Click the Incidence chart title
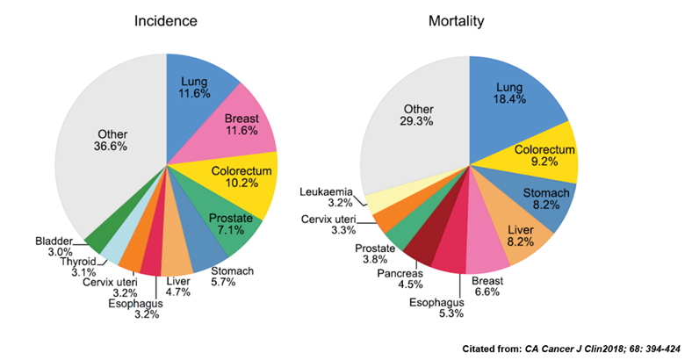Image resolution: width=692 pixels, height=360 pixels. click(x=165, y=19)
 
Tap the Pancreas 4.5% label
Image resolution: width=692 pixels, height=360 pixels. click(x=399, y=277)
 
